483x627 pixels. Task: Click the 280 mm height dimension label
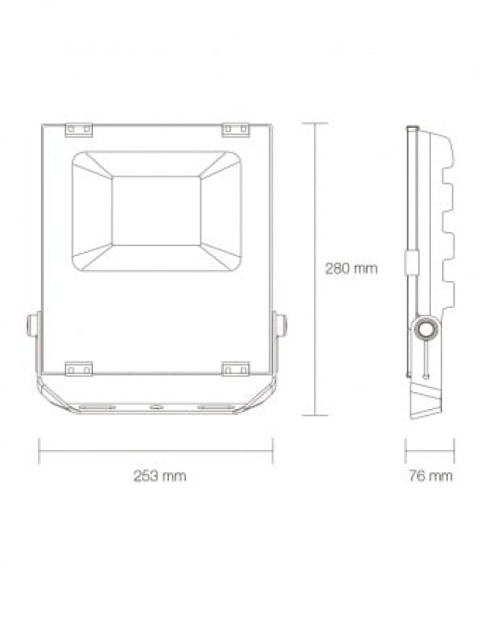point(351,268)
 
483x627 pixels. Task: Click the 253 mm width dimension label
point(160,476)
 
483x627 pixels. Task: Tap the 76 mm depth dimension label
point(430,476)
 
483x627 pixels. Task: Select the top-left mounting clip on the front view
point(79,130)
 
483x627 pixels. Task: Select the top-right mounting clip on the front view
point(236,130)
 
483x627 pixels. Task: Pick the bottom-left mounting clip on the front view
point(79,368)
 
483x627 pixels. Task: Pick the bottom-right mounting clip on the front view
point(236,368)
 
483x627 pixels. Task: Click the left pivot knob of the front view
point(33,325)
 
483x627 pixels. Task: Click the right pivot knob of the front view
point(280,325)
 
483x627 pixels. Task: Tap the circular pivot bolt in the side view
point(425,330)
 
